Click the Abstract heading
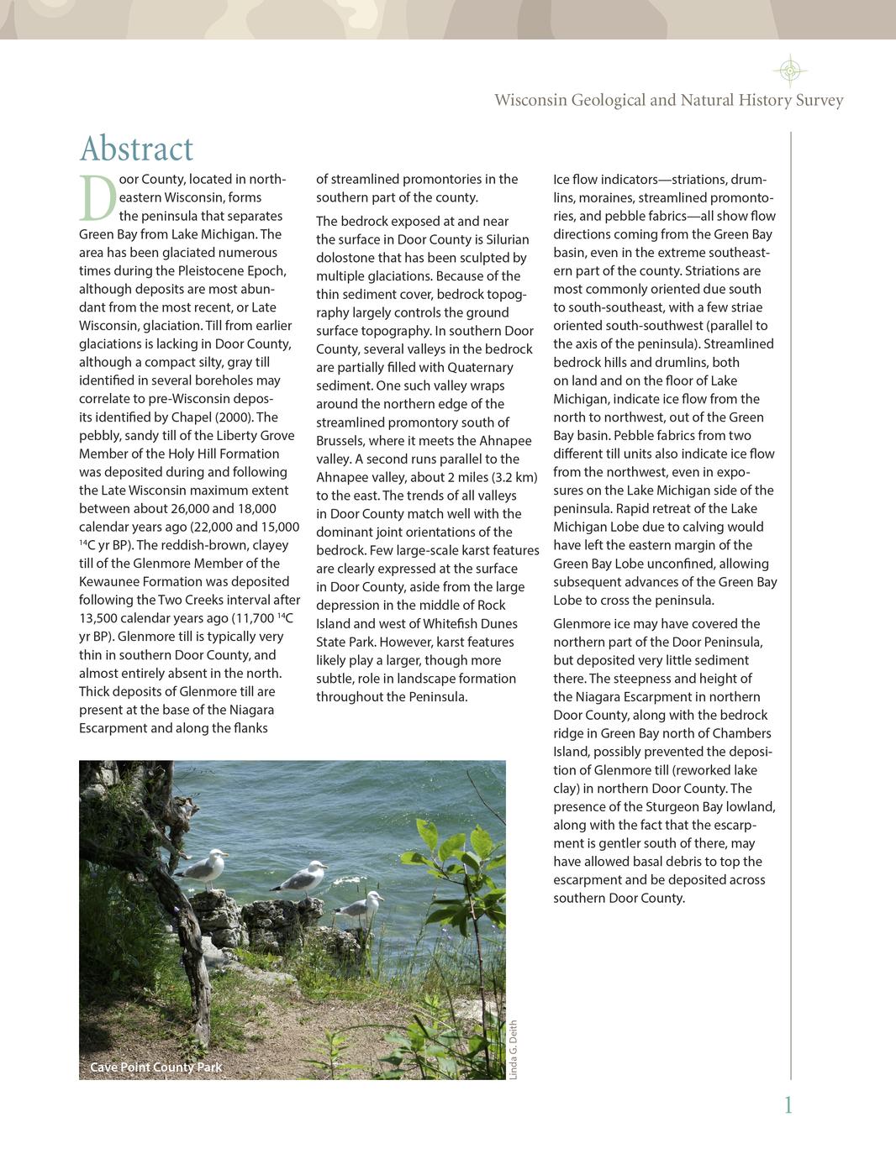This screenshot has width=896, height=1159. (x=136, y=149)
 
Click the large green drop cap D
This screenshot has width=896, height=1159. (x=98, y=198)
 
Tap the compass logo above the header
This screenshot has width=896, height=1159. (x=789, y=71)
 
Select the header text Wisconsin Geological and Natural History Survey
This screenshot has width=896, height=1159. (x=668, y=101)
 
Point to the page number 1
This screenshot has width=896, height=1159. (x=788, y=1105)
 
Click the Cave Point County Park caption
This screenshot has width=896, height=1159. (x=156, y=1067)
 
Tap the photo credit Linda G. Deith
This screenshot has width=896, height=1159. (x=514, y=1050)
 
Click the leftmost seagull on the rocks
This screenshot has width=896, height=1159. (x=204, y=869)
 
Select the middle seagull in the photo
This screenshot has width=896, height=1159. (x=303, y=880)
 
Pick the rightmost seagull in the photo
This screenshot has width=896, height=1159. (x=361, y=908)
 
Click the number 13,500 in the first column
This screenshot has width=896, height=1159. (x=98, y=619)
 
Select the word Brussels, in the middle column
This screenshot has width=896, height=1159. (x=340, y=441)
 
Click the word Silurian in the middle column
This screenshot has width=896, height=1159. (x=507, y=239)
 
